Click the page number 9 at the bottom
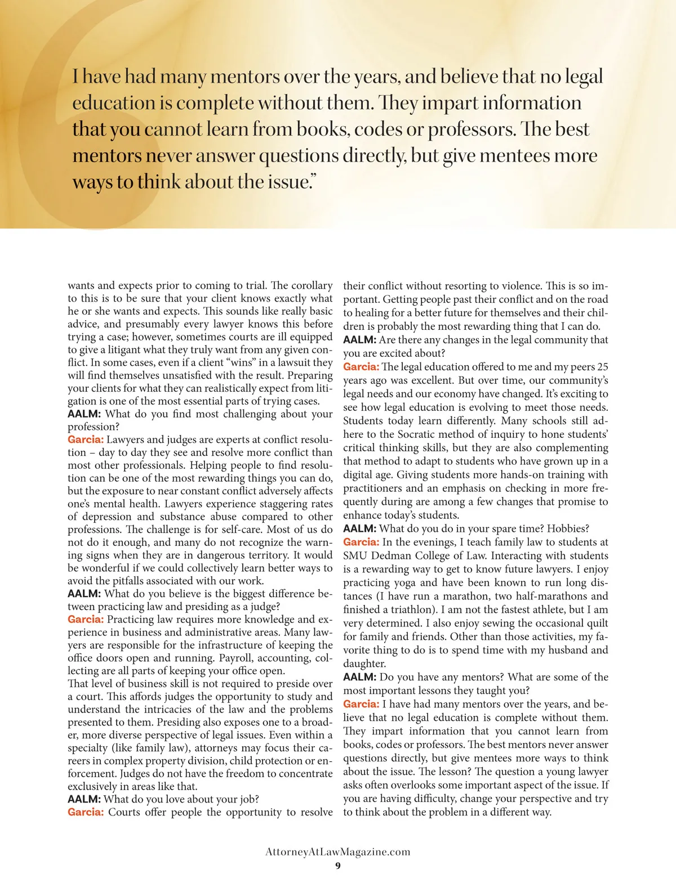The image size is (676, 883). coord(338,866)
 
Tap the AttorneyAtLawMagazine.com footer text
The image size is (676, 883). coord(338,852)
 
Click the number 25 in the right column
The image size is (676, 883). coord(602,367)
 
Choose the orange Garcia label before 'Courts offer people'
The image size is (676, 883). coord(86,812)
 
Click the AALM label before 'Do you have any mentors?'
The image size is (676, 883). coord(359,678)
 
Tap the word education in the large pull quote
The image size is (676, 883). coord(113,103)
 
